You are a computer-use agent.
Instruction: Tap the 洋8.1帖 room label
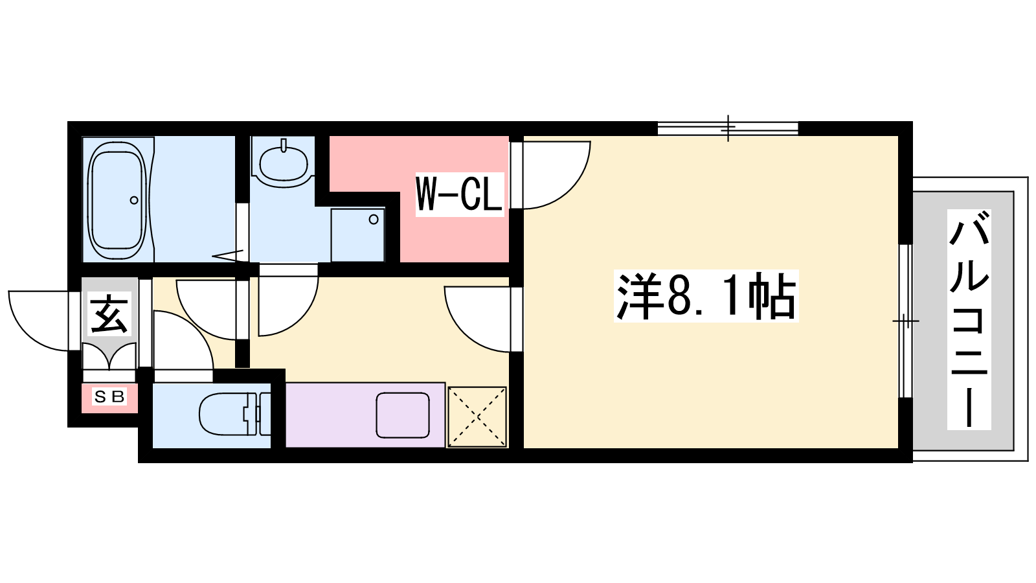tap(706, 295)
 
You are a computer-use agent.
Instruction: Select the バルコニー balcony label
tap(969, 319)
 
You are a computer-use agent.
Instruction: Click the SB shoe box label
tap(109, 397)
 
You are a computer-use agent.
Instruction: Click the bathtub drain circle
tap(134, 200)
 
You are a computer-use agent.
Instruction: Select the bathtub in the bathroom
tap(118, 200)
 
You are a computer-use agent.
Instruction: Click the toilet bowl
tap(228, 415)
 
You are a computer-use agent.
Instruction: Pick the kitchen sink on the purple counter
tap(402, 415)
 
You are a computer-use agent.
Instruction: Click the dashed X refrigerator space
tap(477, 417)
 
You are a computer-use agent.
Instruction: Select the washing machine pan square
tap(357, 235)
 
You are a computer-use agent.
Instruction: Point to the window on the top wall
tap(728, 128)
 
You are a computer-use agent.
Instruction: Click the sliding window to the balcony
tap(906, 321)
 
